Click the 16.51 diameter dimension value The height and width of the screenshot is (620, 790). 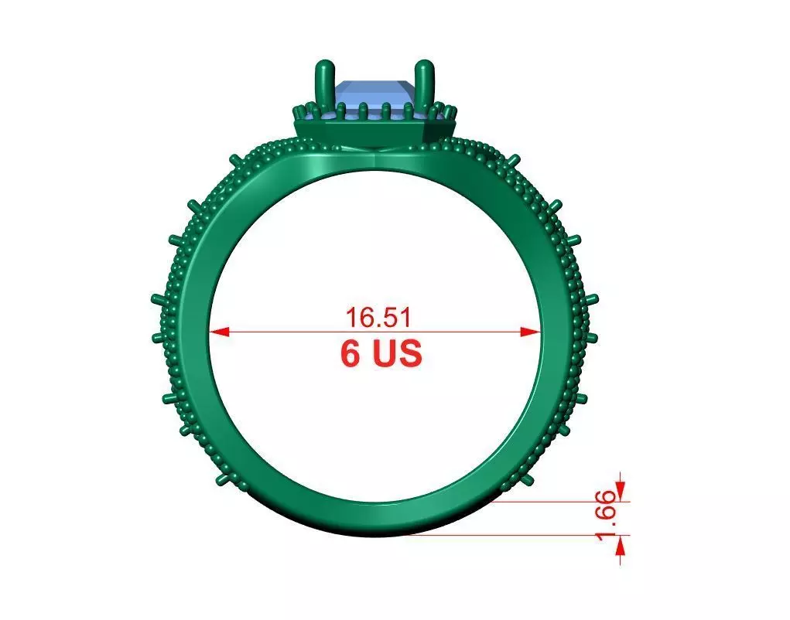pyautogui.click(x=377, y=318)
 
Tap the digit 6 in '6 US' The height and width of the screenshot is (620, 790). pyautogui.click(x=351, y=353)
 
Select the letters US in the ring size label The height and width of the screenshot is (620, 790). pyautogui.click(x=398, y=353)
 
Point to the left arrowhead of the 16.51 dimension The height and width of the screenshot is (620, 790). pyautogui.click(x=219, y=332)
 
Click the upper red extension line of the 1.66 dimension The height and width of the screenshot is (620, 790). pyautogui.click(x=557, y=501)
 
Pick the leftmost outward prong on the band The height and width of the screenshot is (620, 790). pyautogui.click(x=157, y=298)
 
